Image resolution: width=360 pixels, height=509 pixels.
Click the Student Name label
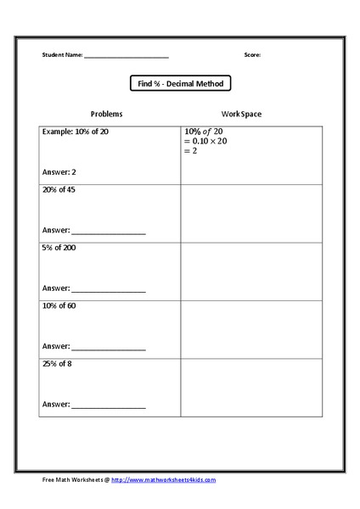[62, 55]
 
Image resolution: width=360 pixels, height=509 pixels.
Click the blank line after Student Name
[126, 57]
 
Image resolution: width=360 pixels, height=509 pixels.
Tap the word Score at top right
[252, 55]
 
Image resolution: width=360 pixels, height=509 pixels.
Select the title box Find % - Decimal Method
[180, 83]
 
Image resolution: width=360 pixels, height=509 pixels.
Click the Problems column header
[107, 114]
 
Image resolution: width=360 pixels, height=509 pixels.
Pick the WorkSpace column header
[241, 114]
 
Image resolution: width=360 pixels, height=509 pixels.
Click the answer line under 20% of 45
[109, 232]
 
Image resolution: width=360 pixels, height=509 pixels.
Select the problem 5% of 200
[59, 248]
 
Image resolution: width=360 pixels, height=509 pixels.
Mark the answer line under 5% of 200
[109, 290]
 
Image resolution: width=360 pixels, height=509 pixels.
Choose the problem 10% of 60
[59, 305]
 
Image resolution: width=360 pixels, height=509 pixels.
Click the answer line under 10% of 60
[109, 348]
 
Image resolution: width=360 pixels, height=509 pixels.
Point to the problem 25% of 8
[59, 363]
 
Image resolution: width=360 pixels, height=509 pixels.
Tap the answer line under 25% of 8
[109, 406]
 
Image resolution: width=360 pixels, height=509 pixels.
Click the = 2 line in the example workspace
[191, 152]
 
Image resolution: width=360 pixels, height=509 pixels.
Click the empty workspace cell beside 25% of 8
[251, 387]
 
